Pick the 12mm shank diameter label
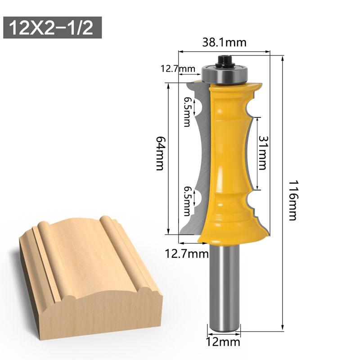pos(224,343)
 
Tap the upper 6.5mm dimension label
pos(187,112)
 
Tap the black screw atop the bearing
pos(224,60)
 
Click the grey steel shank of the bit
pos(224,288)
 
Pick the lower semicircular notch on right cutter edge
pos(249,199)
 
